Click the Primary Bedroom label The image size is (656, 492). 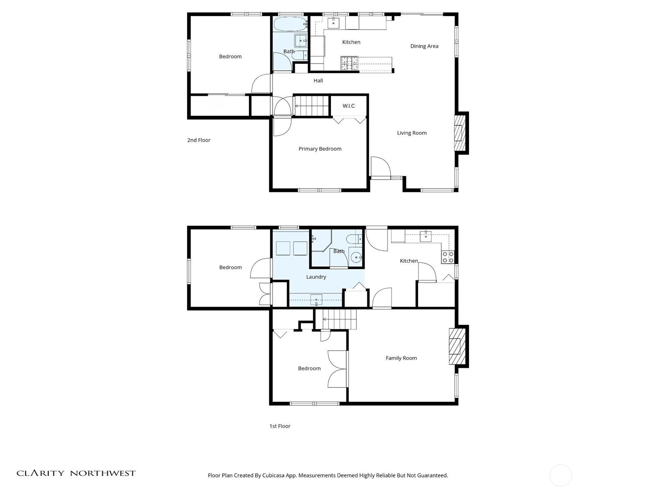pyautogui.click(x=320, y=149)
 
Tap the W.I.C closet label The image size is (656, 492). pyautogui.click(x=348, y=106)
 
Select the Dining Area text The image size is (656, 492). pyautogui.click(x=424, y=46)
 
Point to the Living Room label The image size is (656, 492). pyautogui.click(x=412, y=133)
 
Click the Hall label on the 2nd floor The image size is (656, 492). pyautogui.click(x=318, y=80)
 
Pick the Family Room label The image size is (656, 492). pyautogui.click(x=401, y=358)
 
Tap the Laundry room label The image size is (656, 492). pyautogui.click(x=316, y=277)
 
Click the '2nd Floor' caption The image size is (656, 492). pyautogui.click(x=199, y=140)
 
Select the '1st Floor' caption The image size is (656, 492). pyautogui.click(x=280, y=426)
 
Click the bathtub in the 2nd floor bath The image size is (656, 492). pyautogui.click(x=291, y=24)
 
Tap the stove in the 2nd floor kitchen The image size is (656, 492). pyautogui.click(x=349, y=64)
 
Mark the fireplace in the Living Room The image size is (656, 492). pyautogui.click(x=460, y=133)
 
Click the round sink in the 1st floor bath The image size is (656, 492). pyautogui.click(x=356, y=257)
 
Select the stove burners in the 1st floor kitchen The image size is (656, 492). pyautogui.click(x=448, y=257)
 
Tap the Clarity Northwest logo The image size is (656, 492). pyautogui.click(x=76, y=473)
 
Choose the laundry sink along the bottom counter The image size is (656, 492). pyautogui.click(x=316, y=300)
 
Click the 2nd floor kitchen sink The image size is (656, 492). pyautogui.click(x=333, y=22)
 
